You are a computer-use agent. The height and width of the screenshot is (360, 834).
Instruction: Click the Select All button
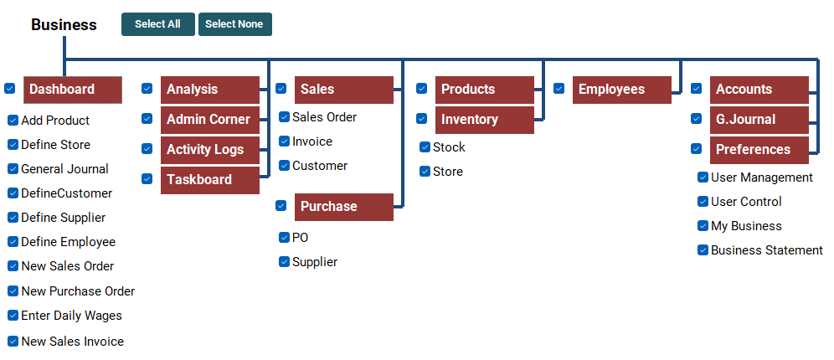coord(157,24)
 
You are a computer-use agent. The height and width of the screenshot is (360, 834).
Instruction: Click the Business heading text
coord(64,25)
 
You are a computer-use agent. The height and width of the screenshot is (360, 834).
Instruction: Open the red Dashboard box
coord(73,90)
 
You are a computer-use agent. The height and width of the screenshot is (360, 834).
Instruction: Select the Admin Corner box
coord(209,120)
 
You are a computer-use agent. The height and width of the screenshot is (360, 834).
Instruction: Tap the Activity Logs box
coord(209,150)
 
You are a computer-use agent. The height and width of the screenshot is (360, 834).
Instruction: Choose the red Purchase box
coord(343,207)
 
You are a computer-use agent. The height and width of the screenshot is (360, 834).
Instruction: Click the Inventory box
coord(484,120)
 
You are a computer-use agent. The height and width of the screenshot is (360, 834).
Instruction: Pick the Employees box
coord(621,90)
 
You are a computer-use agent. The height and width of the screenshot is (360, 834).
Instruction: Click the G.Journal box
coord(759,120)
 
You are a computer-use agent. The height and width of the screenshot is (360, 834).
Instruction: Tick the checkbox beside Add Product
coord(13,121)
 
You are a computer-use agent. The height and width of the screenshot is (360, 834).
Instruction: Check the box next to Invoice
coord(285,141)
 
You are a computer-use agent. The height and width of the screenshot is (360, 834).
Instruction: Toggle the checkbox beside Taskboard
coord(147,179)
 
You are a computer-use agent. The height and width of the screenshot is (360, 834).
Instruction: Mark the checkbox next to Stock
coord(425,147)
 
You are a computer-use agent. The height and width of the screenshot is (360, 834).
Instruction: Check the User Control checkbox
coord(703,202)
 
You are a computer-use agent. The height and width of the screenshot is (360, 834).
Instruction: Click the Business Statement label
coord(766,250)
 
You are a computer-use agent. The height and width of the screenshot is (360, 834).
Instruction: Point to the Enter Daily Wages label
coord(71,316)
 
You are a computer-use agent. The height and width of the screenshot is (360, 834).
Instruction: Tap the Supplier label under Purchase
coord(315,262)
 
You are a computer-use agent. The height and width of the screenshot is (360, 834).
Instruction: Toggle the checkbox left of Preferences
coord(697,149)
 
